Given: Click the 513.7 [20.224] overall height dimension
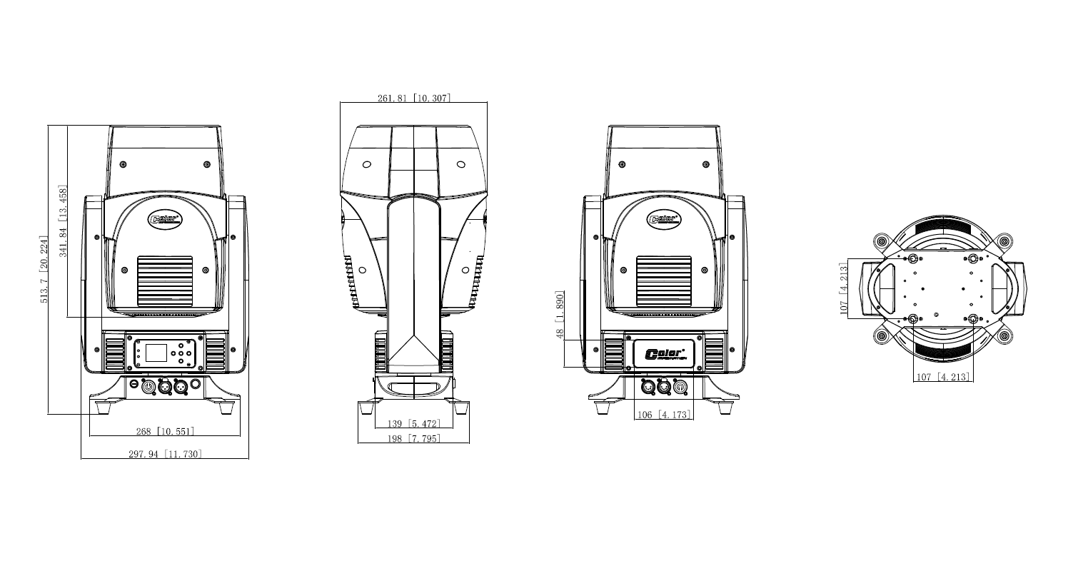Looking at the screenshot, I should pos(44,269).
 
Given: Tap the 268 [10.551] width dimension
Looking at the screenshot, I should pos(165,431).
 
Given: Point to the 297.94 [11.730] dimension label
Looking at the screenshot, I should pos(165,454).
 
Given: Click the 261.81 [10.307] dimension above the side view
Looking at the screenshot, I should pos(414,98).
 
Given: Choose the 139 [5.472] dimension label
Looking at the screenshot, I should pos(414,424).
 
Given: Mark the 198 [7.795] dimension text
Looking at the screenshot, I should pos(414,438).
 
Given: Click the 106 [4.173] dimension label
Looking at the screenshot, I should pos(663,414).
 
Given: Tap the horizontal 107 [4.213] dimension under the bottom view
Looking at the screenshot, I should pos(942,376).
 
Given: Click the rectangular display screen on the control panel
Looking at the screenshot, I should pos(156,352).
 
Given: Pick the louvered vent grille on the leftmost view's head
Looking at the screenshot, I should pos(165,281).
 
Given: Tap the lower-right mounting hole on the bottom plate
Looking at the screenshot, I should pos(972,318).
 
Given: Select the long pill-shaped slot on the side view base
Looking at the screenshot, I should pos(414,388).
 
